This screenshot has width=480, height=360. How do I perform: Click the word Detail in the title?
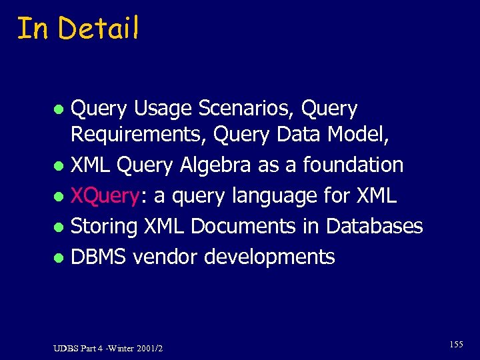98,28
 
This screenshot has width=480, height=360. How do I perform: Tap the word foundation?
351,165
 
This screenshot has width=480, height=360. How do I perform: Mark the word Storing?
106,226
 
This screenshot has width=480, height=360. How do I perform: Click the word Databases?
374,226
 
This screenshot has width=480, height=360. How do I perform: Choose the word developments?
269,257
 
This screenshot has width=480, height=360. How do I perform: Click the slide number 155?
456,344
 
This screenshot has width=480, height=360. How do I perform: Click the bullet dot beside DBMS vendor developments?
59,257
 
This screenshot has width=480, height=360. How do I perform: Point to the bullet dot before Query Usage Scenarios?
59,109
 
